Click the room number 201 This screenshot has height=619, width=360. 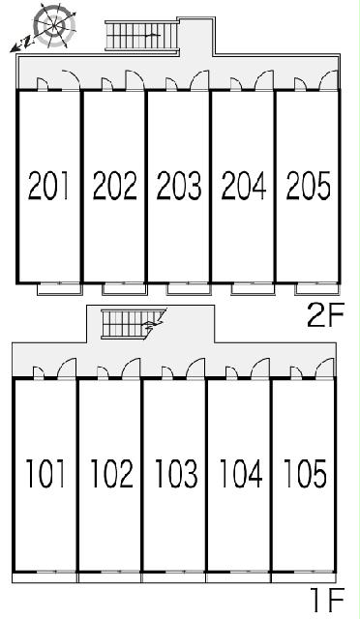click(x=48, y=185)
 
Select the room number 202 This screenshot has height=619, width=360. click(x=114, y=185)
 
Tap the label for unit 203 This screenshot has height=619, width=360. click(x=179, y=185)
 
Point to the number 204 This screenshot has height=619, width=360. click(x=244, y=185)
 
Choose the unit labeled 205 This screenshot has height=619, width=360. click(x=309, y=185)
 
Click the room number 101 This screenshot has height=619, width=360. click(x=45, y=473)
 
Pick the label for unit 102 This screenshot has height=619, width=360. click(x=112, y=473)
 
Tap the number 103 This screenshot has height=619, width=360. click(x=176, y=473)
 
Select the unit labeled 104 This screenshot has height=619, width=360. click(x=241, y=473)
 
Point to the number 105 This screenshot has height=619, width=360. click(x=305, y=473)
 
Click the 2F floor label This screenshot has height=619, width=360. click(x=326, y=314)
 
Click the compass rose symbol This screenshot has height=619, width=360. click(x=54, y=25)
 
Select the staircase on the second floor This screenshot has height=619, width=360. click(x=142, y=36)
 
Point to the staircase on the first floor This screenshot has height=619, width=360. click(x=134, y=324)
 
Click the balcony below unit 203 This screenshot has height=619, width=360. click(x=188, y=289)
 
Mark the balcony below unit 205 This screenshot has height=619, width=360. click(x=317, y=289)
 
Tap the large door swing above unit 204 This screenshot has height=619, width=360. click(x=264, y=80)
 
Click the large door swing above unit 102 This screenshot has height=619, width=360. click(x=131, y=368)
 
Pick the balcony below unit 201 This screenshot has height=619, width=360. click(x=60, y=289)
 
